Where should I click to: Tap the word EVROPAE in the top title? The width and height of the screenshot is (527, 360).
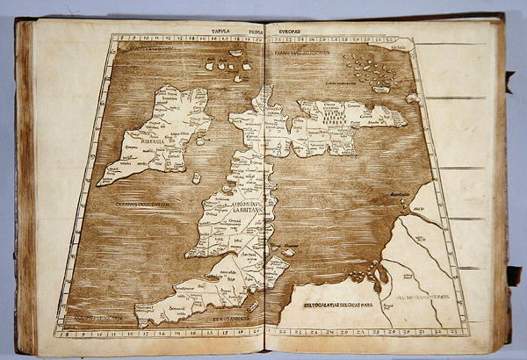[290, 32]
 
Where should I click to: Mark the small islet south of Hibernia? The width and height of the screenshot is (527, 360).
[196, 178]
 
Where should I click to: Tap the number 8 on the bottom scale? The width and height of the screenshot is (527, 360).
[62, 333]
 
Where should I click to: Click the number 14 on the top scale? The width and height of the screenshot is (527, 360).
[191, 38]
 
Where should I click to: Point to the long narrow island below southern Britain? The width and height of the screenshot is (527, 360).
[253, 307]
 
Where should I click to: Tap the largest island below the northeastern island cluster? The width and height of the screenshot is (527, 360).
[381, 89]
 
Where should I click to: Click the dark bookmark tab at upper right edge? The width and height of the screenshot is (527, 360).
[509, 78]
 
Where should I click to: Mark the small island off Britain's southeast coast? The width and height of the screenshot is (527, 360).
[288, 253]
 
